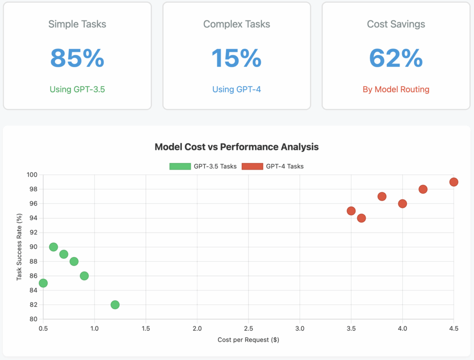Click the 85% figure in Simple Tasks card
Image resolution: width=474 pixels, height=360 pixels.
click(77, 58)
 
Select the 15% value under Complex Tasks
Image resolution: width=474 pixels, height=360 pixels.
click(237, 58)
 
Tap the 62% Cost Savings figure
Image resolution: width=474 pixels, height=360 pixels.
click(396, 58)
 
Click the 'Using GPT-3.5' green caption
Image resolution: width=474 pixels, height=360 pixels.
click(77, 89)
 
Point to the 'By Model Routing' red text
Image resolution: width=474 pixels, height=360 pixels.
click(396, 89)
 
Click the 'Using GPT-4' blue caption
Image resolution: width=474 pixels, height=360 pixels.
click(237, 89)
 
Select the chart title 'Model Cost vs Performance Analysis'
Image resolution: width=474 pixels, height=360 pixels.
click(237, 147)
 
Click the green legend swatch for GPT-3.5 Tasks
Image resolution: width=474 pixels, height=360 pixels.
click(180, 166)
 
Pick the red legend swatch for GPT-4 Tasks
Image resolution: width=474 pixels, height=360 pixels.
click(252, 166)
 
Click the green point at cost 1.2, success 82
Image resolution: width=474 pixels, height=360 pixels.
click(115, 305)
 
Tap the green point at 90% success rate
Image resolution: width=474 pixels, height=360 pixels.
click(54, 247)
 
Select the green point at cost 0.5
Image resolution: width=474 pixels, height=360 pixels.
click(43, 283)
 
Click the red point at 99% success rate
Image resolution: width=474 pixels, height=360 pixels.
click(454, 182)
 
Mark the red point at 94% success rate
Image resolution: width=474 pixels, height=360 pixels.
click(362, 218)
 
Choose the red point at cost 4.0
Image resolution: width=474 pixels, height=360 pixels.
click(402, 204)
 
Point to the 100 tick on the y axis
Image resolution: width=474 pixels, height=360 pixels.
click(32, 175)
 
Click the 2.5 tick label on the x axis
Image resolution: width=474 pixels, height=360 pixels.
click(249, 328)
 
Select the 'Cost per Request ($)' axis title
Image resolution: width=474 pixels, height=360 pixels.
click(248, 340)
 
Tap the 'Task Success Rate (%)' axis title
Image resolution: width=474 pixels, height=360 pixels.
click(19, 246)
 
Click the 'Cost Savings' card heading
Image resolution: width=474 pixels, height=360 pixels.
click(396, 24)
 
